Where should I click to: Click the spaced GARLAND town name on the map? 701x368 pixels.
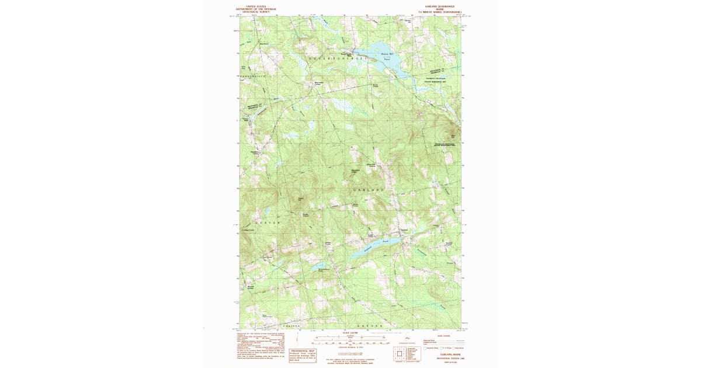[x=369, y=190]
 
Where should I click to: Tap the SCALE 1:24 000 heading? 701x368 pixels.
[x=350, y=332]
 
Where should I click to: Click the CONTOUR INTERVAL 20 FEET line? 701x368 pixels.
[x=350, y=348]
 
